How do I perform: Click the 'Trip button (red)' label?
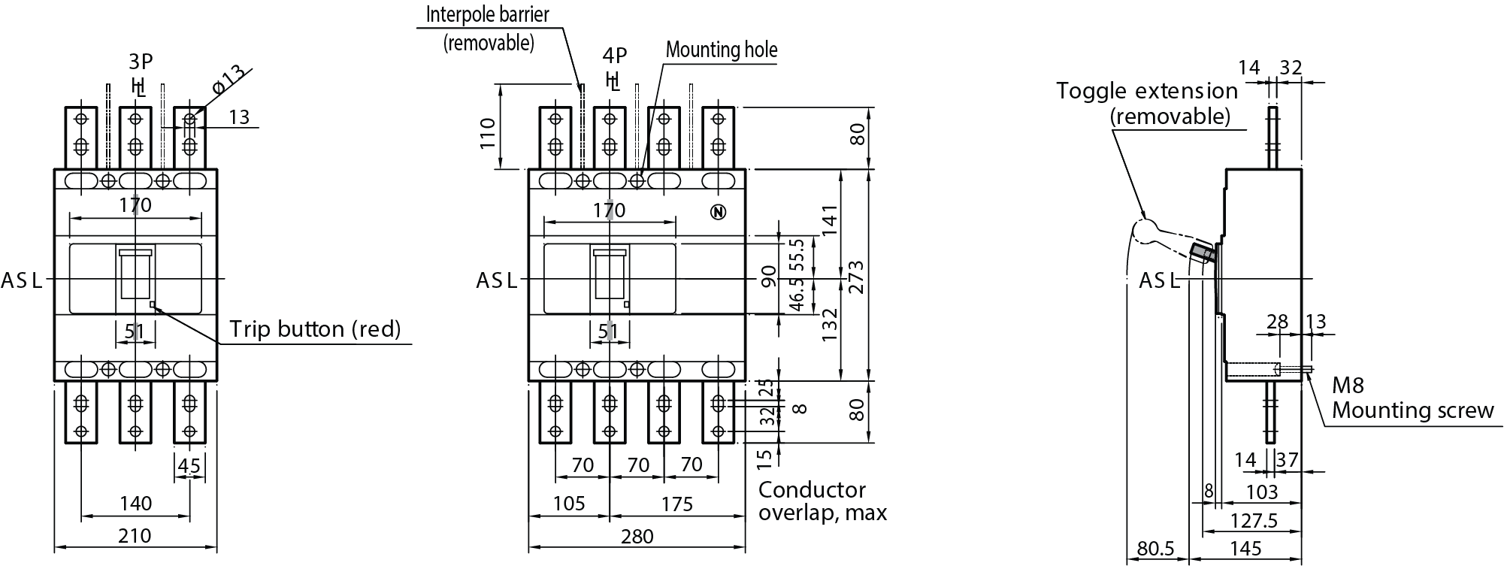[315, 329]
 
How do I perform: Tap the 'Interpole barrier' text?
[487, 14]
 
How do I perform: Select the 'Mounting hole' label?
[722, 50]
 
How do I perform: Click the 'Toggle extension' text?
[1146, 91]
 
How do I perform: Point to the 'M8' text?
[1348, 386]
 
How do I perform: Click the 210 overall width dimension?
[135, 535]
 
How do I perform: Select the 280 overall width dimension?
[637, 536]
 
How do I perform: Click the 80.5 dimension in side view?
[1155, 549]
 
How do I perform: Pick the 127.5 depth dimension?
[1254, 520]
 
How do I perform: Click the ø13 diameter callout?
[228, 79]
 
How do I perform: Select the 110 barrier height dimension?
[488, 133]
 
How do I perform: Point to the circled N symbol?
[719, 213]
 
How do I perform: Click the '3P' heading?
[141, 62]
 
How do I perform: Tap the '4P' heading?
[614, 55]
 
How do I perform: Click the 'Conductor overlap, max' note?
[822, 501]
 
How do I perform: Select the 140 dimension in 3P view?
[135, 503]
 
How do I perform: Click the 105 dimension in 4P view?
[568, 503]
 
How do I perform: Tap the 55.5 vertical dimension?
[797, 256]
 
